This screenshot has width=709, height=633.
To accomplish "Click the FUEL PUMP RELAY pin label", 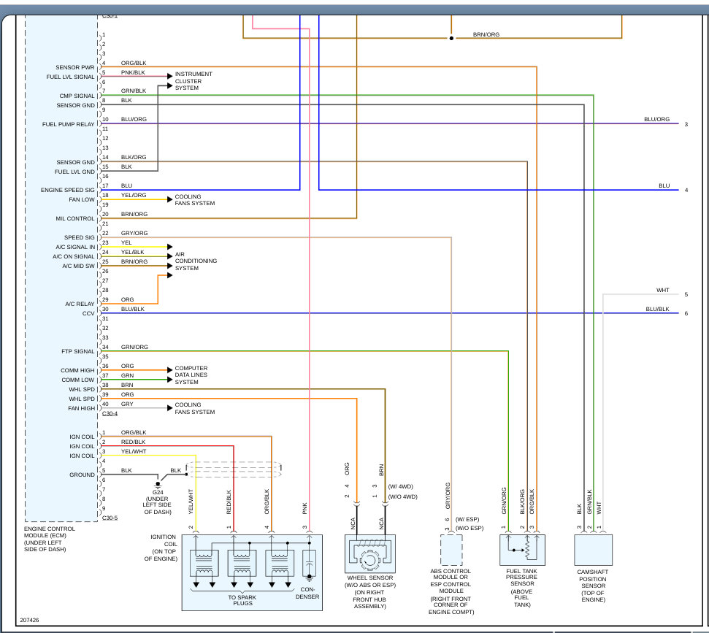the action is coord(69,124).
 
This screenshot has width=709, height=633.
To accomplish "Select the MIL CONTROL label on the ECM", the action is coord(75,218).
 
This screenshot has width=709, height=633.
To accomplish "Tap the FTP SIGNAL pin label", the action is coord(78,351).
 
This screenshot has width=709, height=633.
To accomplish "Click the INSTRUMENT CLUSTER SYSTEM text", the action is coord(193,81).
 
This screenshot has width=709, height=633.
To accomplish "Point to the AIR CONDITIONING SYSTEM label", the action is coord(196,261).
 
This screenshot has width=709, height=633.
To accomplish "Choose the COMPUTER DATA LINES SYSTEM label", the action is coord(191,375).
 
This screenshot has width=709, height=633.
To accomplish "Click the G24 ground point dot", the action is coord(158,484).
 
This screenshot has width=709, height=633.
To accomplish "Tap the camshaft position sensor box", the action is coord(593,550).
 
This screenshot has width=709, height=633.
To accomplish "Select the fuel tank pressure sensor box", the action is coord(522,550).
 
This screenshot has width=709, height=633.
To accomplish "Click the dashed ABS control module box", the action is coord(451,550).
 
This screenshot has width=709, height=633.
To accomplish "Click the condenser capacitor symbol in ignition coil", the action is coord(310,564).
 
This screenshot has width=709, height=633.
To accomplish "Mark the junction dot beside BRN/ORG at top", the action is coord(451,38).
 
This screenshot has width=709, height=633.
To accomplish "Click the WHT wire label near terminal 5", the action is coord(663,291).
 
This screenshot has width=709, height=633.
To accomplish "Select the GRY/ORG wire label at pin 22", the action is coord(134,234).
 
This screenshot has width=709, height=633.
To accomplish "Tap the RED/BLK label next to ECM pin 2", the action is coord(134,442).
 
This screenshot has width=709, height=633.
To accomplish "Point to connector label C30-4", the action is coord(110,414).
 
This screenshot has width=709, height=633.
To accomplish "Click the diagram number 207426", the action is coord(29,621).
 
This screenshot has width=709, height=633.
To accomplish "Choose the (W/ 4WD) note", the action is coord(401,486).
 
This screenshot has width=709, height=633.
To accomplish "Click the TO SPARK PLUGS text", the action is coord(242,600).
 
